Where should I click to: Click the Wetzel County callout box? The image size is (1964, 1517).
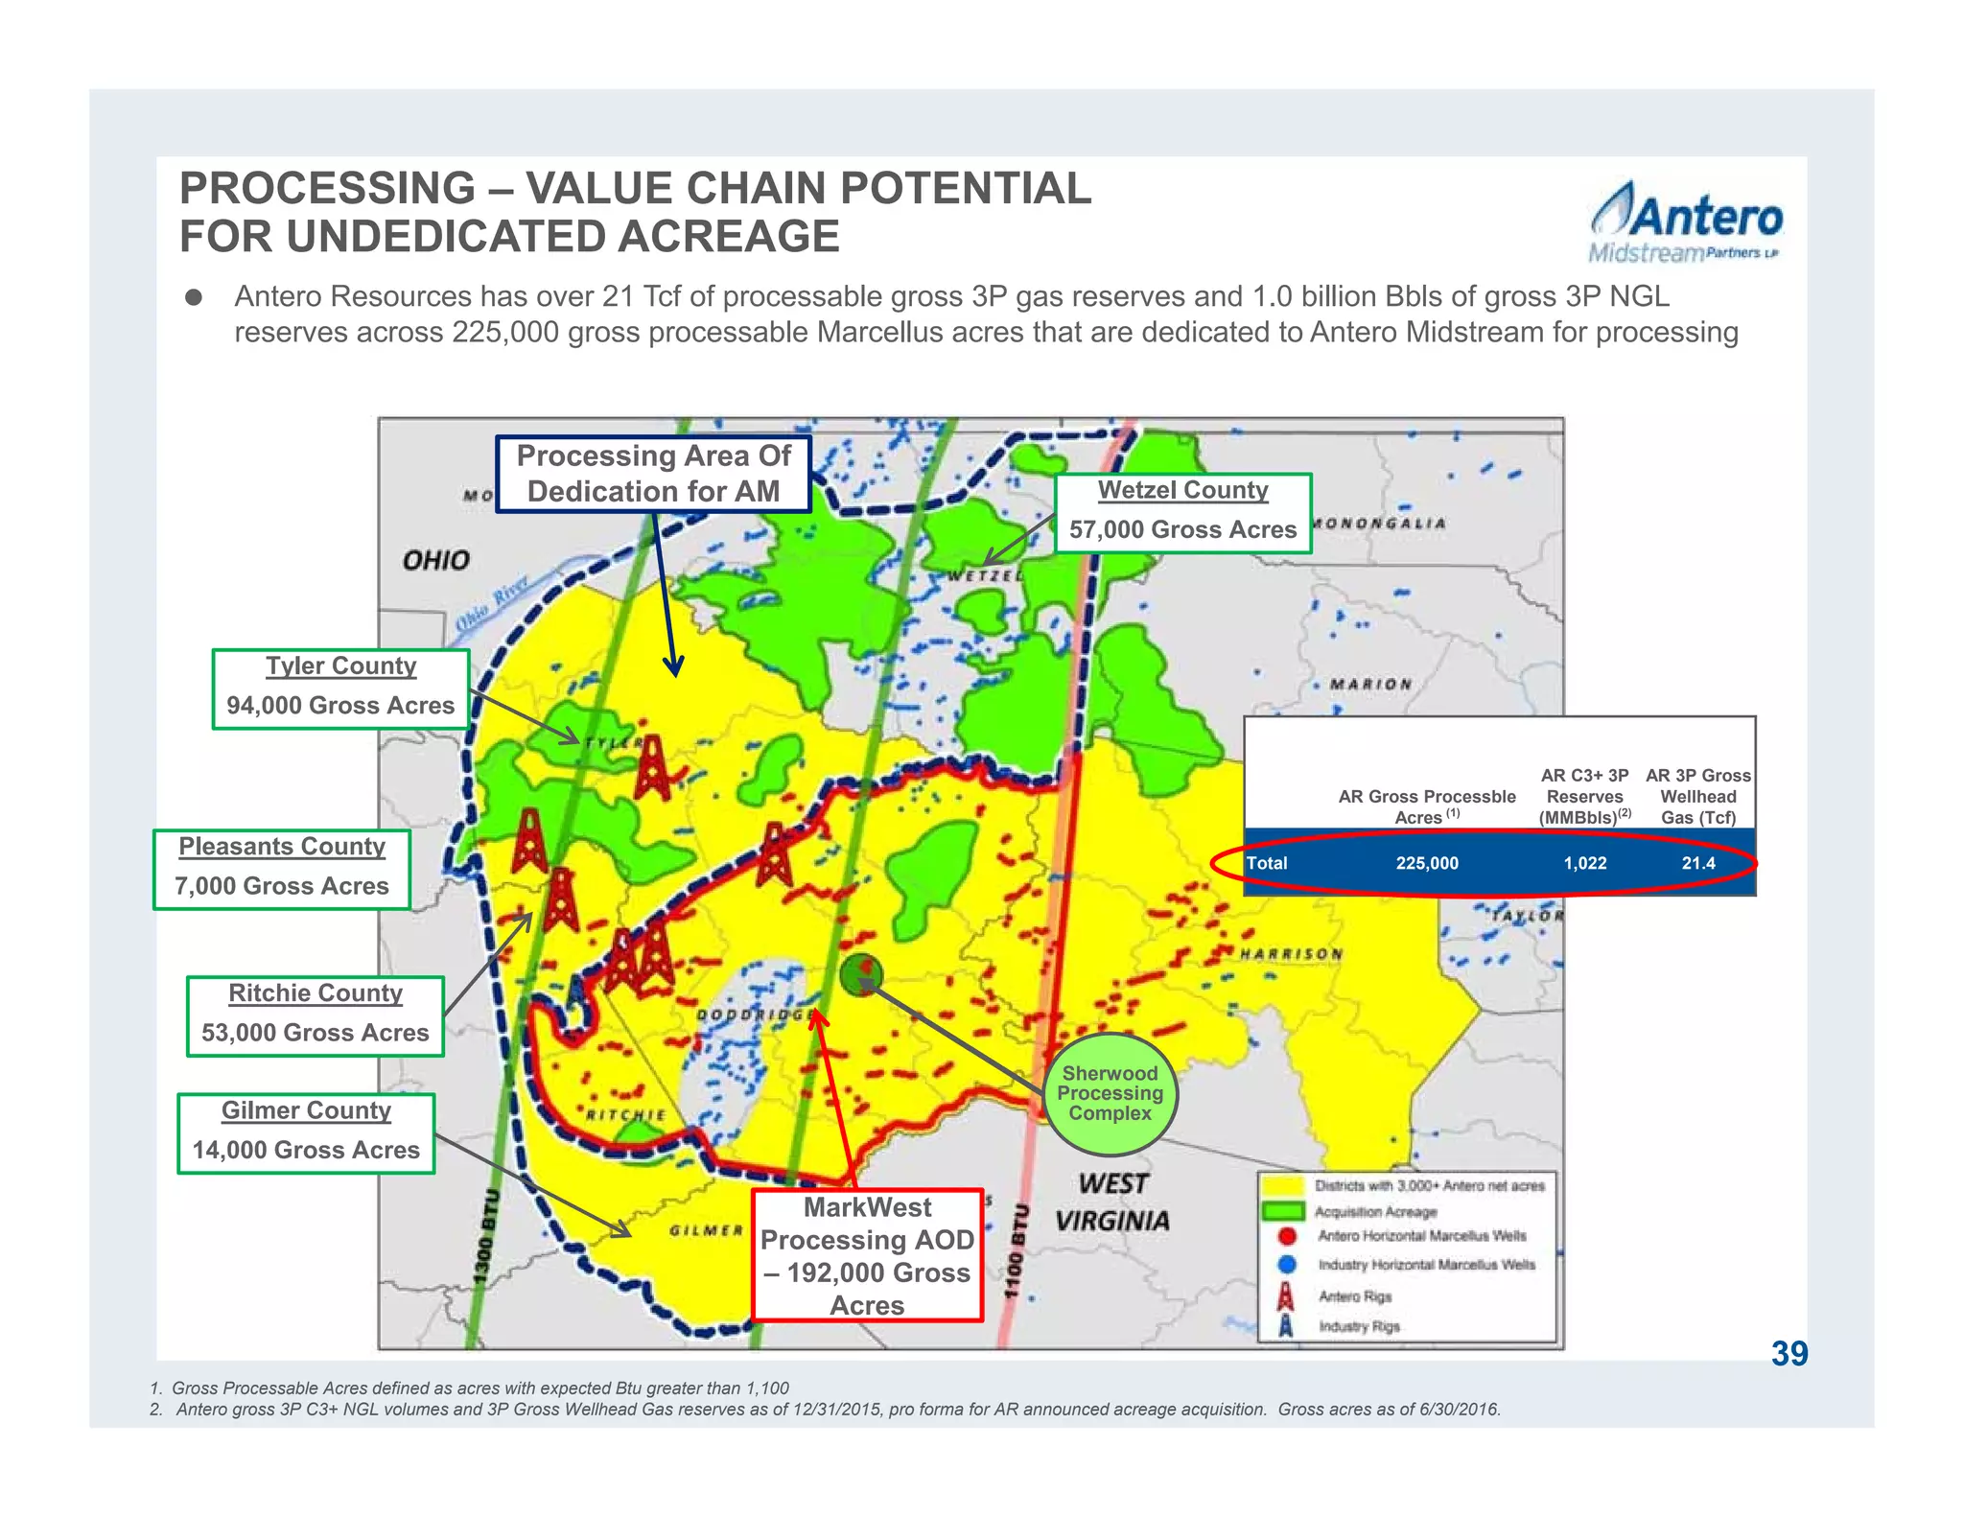[x=1182, y=513]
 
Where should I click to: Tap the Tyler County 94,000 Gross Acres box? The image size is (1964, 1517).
[x=340, y=688]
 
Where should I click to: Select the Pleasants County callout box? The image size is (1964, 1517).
[x=282, y=869]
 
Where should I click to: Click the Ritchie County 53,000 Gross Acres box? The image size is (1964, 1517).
[x=316, y=1015]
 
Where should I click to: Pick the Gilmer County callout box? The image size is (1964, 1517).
[x=306, y=1132]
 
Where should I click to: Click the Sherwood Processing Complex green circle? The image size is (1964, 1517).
[x=1110, y=1093]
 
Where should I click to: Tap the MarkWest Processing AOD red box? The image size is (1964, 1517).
[x=867, y=1255]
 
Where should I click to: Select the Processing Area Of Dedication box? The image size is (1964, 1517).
[x=653, y=474]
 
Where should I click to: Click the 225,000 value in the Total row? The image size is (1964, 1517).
[x=1427, y=863]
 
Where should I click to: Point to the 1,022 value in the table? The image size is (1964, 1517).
[x=1584, y=863]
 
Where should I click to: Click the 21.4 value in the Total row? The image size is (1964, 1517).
[x=1697, y=863]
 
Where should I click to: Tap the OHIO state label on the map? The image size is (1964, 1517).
[x=436, y=560]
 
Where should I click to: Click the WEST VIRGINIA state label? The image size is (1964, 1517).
[x=1112, y=1202]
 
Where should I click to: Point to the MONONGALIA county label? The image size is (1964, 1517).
[x=1377, y=524]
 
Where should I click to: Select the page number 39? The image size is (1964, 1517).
[x=1789, y=1353]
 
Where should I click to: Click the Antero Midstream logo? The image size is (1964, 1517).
[x=1686, y=223]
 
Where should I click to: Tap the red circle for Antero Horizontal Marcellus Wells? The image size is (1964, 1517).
[x=1288, y=1236]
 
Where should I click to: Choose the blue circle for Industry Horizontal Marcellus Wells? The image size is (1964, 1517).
[x=1288, y=1265]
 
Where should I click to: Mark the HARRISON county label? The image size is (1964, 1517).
[x=1291, y=954]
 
